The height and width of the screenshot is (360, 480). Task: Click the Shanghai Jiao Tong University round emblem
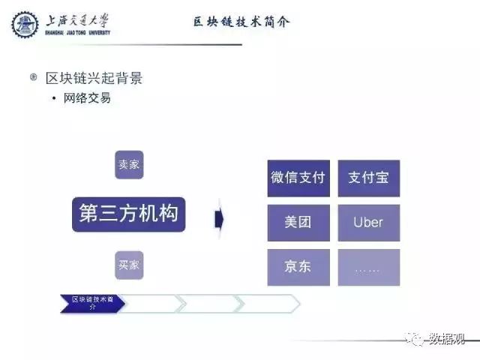(25, 25)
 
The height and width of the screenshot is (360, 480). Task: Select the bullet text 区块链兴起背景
(94, 78)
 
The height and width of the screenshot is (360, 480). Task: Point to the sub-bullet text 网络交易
(86, 97)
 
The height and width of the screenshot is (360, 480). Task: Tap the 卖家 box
(129, 164)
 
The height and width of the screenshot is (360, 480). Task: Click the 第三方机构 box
(128, 214)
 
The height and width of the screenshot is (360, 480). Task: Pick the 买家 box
(129, 265)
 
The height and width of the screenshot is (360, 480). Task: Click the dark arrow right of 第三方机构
(219, 218)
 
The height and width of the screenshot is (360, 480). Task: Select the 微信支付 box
(298, 178)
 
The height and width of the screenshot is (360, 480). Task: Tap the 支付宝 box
(368, 178)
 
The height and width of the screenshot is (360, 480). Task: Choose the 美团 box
(298, 222)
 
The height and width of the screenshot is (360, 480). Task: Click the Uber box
(368, 222)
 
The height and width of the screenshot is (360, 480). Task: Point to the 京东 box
(298, 266)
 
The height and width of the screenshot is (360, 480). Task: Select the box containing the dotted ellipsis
(368, 266)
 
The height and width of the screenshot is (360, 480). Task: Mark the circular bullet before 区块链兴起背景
(33, 77)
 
